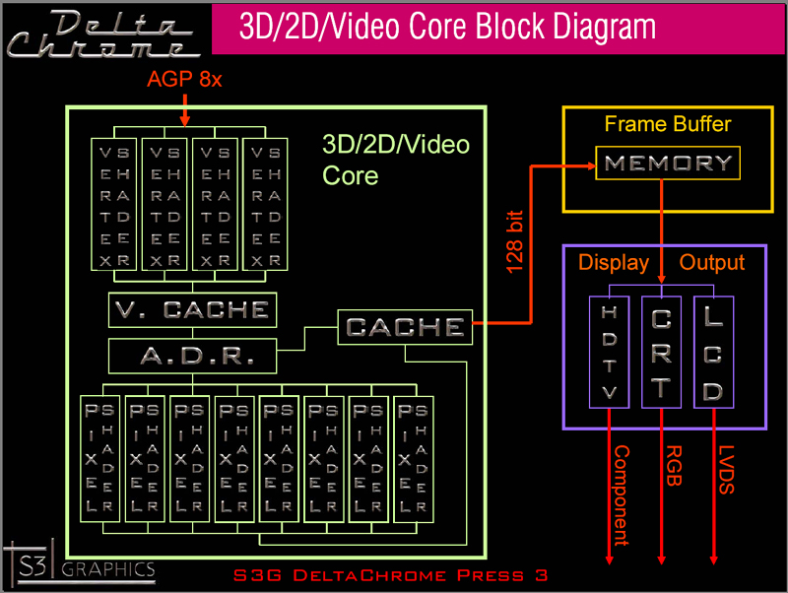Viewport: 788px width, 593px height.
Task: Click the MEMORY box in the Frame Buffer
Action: click(668, 164)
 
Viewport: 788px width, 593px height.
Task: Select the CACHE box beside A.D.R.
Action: click(405, 327)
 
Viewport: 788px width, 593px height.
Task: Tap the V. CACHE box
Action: click(192, 310)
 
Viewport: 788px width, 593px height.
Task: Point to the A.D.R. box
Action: click(192, 355)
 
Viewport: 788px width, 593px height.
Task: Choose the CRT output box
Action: click(662, 351)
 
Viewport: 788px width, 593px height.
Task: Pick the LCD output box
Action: click(714, 351)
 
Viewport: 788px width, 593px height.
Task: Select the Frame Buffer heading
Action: click(668, 125)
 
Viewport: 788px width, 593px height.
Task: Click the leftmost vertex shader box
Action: click(114, 204)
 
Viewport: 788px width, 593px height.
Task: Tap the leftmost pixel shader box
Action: click(99, 459)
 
